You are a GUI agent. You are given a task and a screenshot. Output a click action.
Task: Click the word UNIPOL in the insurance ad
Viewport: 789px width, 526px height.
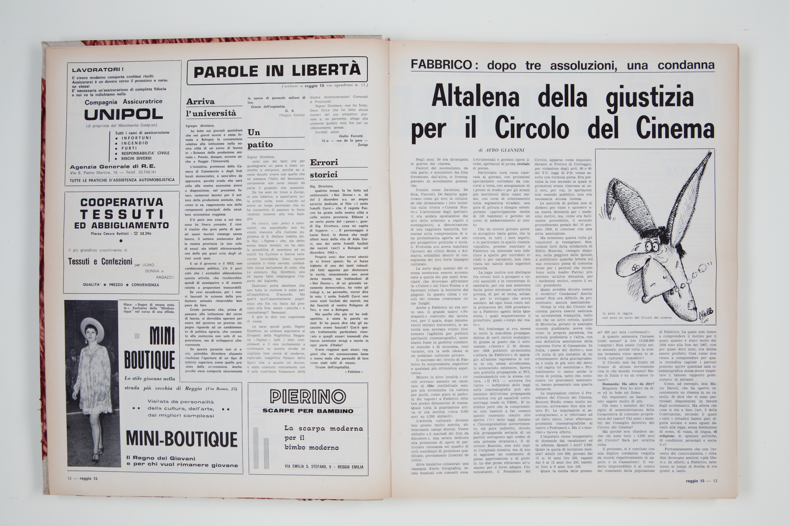pyautogui.click(x=123, y=115)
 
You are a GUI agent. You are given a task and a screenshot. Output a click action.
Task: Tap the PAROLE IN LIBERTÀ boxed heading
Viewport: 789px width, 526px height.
pyautogui.click(x=277, y=71)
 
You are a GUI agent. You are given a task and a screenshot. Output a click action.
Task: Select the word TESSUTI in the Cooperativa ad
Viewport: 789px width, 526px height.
pyautogui.click(x=122, y=214)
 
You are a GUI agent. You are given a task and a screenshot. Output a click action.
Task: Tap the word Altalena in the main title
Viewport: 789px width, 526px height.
pyautogui.click(x=475, y=97)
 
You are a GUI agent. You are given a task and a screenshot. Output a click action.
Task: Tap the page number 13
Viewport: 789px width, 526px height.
pyautogui.click(x=715, y=481)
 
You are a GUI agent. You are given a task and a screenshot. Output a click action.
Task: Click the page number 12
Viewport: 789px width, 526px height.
pyautogui.click(x=69, y=478)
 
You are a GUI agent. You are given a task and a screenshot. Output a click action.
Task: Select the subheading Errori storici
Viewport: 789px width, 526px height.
pyautogui.click(x=324, y=168)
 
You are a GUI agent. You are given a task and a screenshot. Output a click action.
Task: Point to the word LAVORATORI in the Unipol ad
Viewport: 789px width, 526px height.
pyautogui.click(x=97, y=70)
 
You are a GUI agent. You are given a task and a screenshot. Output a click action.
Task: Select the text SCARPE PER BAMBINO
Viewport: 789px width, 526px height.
pyautogui.click(x=308, y=411)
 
